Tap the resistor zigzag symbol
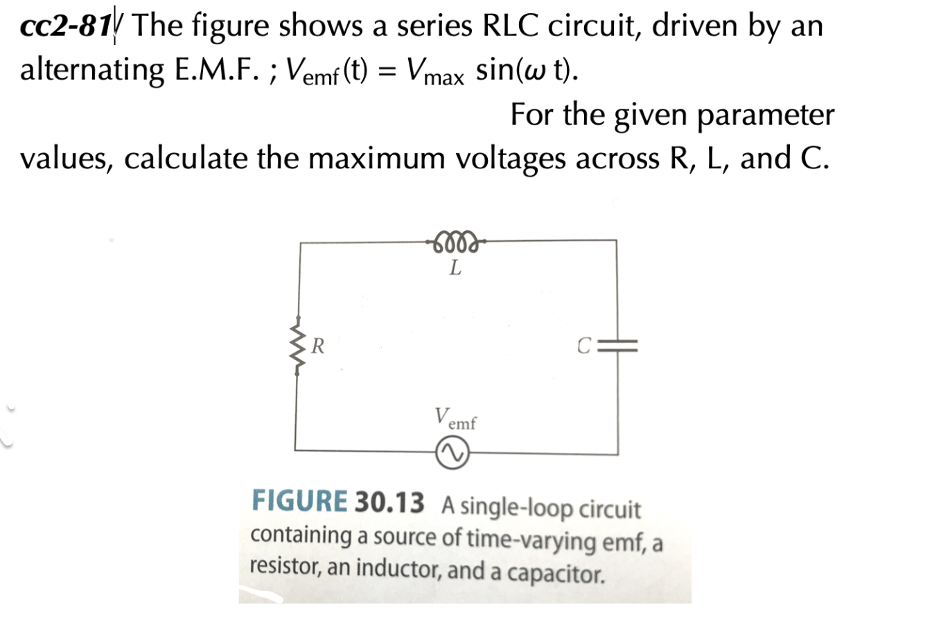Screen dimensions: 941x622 pyautogui.click(x=298, y=346)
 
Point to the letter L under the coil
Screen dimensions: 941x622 pyautogui.click(x=455, y=267)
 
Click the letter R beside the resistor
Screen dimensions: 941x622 pyautogui.click(x=318, y=345)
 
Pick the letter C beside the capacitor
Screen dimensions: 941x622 pyautogui.click(x=584, y=345)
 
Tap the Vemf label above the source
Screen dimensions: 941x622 pyautogui.click(x=455, y=418)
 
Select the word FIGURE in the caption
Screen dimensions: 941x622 pyautogui.click(x=299, y=501)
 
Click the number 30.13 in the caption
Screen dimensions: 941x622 pyautogui.click(x=389, y=502)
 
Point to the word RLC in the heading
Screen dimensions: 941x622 pyautogui.click(x=511, y=26)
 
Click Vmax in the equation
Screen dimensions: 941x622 pyautogui.click(x=435, y=71)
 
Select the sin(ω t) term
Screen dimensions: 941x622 pyautogui.click(x=527, y=70)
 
